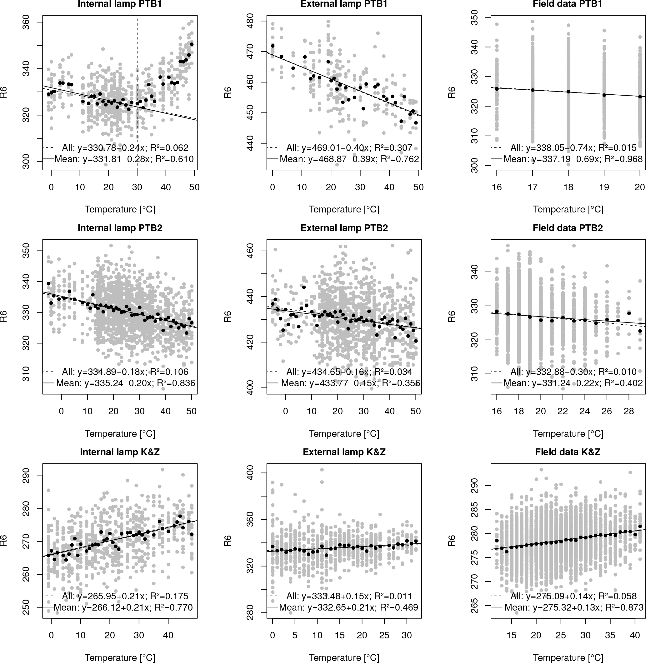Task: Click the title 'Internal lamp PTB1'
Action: pos(120,4)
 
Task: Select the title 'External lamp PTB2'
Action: pos(344,228)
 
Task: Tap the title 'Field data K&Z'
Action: pos(568,452)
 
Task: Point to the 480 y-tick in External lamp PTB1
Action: pos(250,21)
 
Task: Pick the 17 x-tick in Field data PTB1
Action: pos(533,187)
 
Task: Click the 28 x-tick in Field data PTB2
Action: pos(629,411)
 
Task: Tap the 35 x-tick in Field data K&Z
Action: pos(610,635)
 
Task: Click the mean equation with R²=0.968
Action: pos(573,159)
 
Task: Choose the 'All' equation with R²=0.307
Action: pos(349,147)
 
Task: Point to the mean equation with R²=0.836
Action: pos(126,383)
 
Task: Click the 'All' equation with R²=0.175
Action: pos(125,596)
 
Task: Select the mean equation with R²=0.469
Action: pos(348,607)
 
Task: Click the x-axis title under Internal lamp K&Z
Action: pos(120,657)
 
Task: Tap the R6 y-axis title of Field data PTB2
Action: pos(452,317)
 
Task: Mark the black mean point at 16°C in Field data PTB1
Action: pos(497,88)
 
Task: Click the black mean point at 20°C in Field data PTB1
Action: pos(640,96)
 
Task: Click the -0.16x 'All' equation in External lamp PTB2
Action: pos(349,372)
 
